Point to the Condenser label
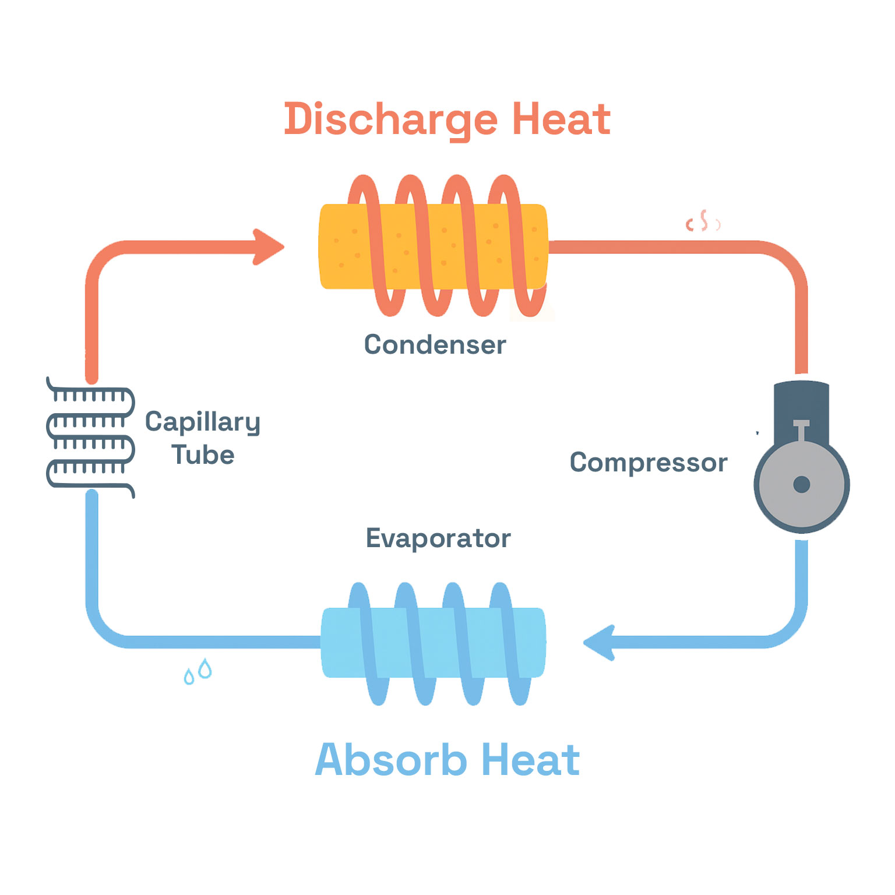coord(435,344)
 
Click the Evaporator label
coord(438,538)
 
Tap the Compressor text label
coord(648,463)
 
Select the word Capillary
coord(202,422)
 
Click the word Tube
coord(203,455)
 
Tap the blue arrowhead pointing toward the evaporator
coord(600,642)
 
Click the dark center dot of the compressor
coord(801,484)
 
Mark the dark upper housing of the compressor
coord(801,402)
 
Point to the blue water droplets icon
coord(198,671)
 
